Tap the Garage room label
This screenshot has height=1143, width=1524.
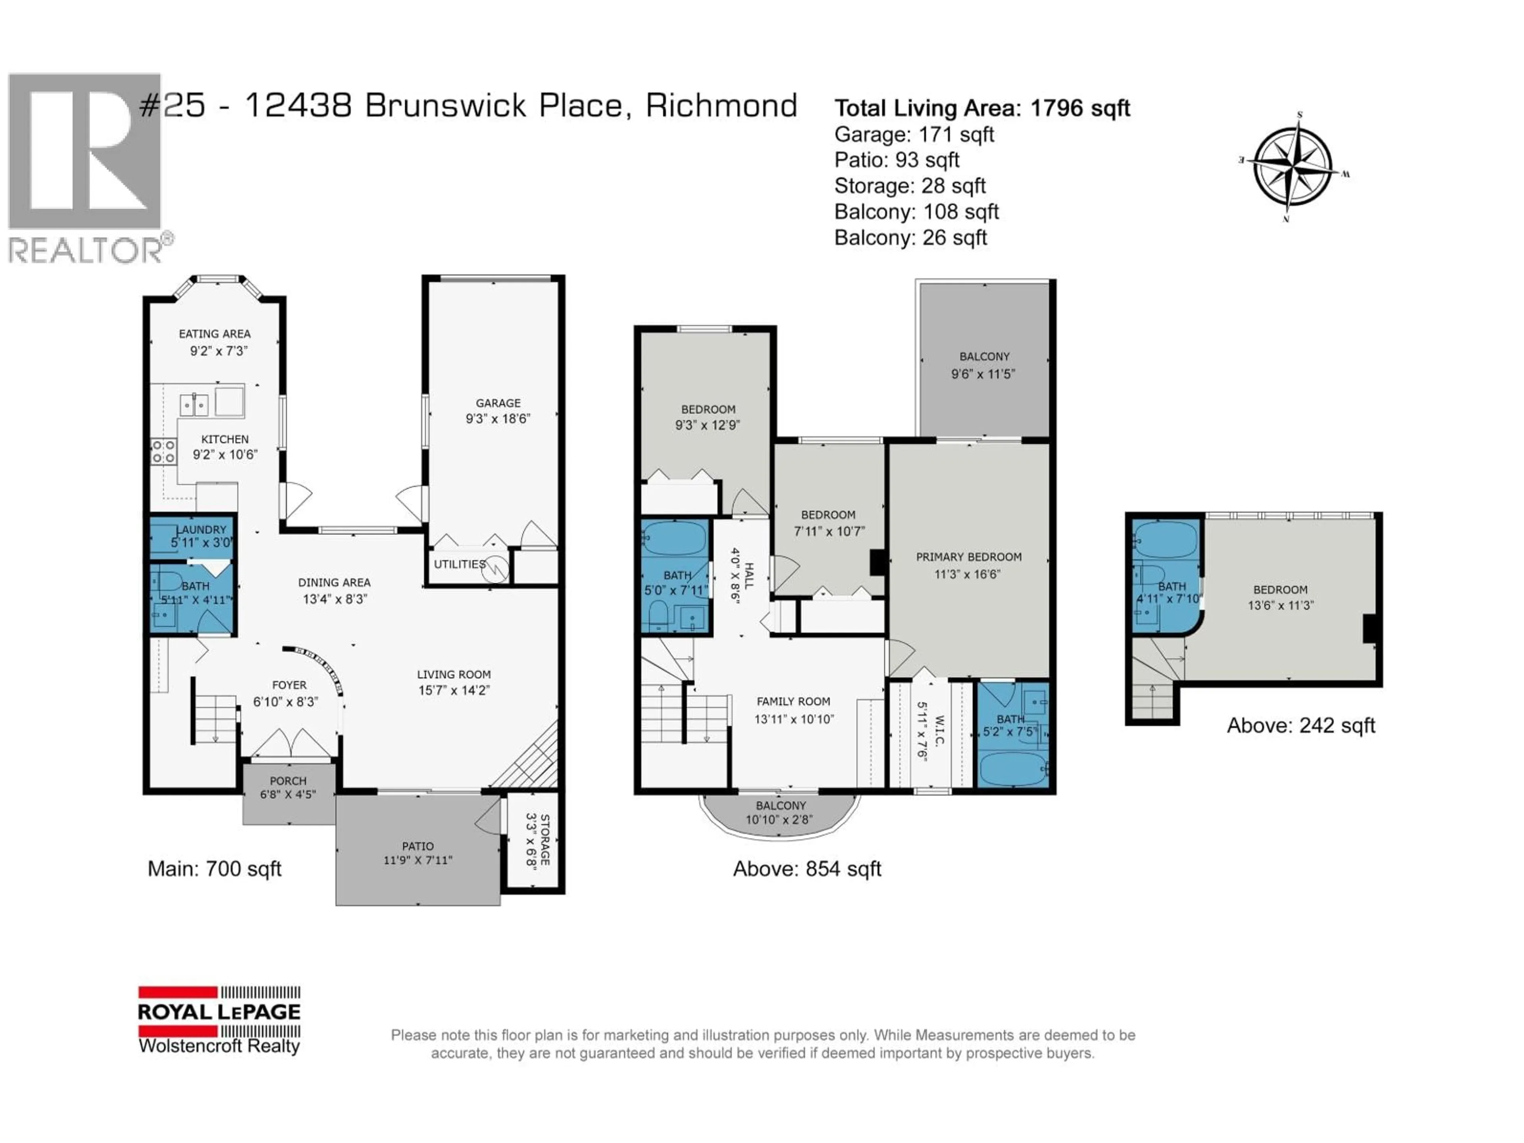click(x=497, y=403)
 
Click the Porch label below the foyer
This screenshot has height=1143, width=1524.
click(x=288, y=781)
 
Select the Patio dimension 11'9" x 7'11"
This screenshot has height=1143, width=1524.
click(x=418, y=860)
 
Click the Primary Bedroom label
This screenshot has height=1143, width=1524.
click(x=968, y=557)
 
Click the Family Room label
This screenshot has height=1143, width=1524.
click(x=793, y=701)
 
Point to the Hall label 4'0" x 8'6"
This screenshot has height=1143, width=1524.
click(x=742, y=575)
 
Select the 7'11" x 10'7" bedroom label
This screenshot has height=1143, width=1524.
click(x=828, y=531)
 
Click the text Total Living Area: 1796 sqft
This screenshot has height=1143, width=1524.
click(x=982, y=108)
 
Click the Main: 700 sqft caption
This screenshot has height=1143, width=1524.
click(x=214, y=869)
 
